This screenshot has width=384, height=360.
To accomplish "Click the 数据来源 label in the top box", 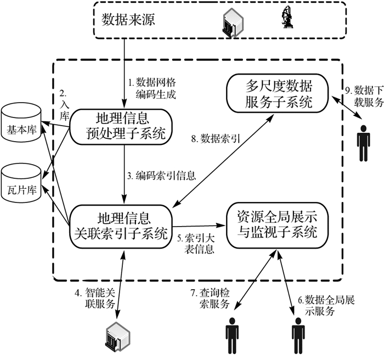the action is [128, 19].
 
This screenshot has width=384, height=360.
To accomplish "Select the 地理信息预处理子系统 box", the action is [121, 126].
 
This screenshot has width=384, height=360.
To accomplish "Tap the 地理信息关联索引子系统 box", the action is [121, 226].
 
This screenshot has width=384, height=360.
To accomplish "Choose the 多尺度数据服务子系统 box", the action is [277, 93].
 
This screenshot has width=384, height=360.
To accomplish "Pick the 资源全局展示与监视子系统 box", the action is [277, 225].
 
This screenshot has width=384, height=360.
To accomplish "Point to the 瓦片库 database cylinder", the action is [21, 183].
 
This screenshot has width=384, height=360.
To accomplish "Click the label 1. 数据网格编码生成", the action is [153, 88].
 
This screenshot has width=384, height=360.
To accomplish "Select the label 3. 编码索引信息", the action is [162, 176].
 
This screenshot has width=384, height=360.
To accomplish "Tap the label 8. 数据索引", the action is [216, 139].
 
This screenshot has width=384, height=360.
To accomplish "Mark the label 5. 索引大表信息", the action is [196, 244].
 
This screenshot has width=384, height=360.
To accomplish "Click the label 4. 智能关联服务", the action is [95, 298].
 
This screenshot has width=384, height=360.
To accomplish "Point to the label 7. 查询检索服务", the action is [210, 298].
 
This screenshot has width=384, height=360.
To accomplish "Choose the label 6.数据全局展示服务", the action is [326, 305].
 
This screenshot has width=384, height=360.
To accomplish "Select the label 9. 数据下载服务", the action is [364, 96].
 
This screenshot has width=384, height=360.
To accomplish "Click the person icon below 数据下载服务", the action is [363, 143].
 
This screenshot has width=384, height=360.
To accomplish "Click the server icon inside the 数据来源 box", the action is [233, 23].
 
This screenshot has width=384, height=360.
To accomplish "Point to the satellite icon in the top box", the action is [287, 17].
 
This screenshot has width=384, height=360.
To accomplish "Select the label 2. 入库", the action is [64, 105].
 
